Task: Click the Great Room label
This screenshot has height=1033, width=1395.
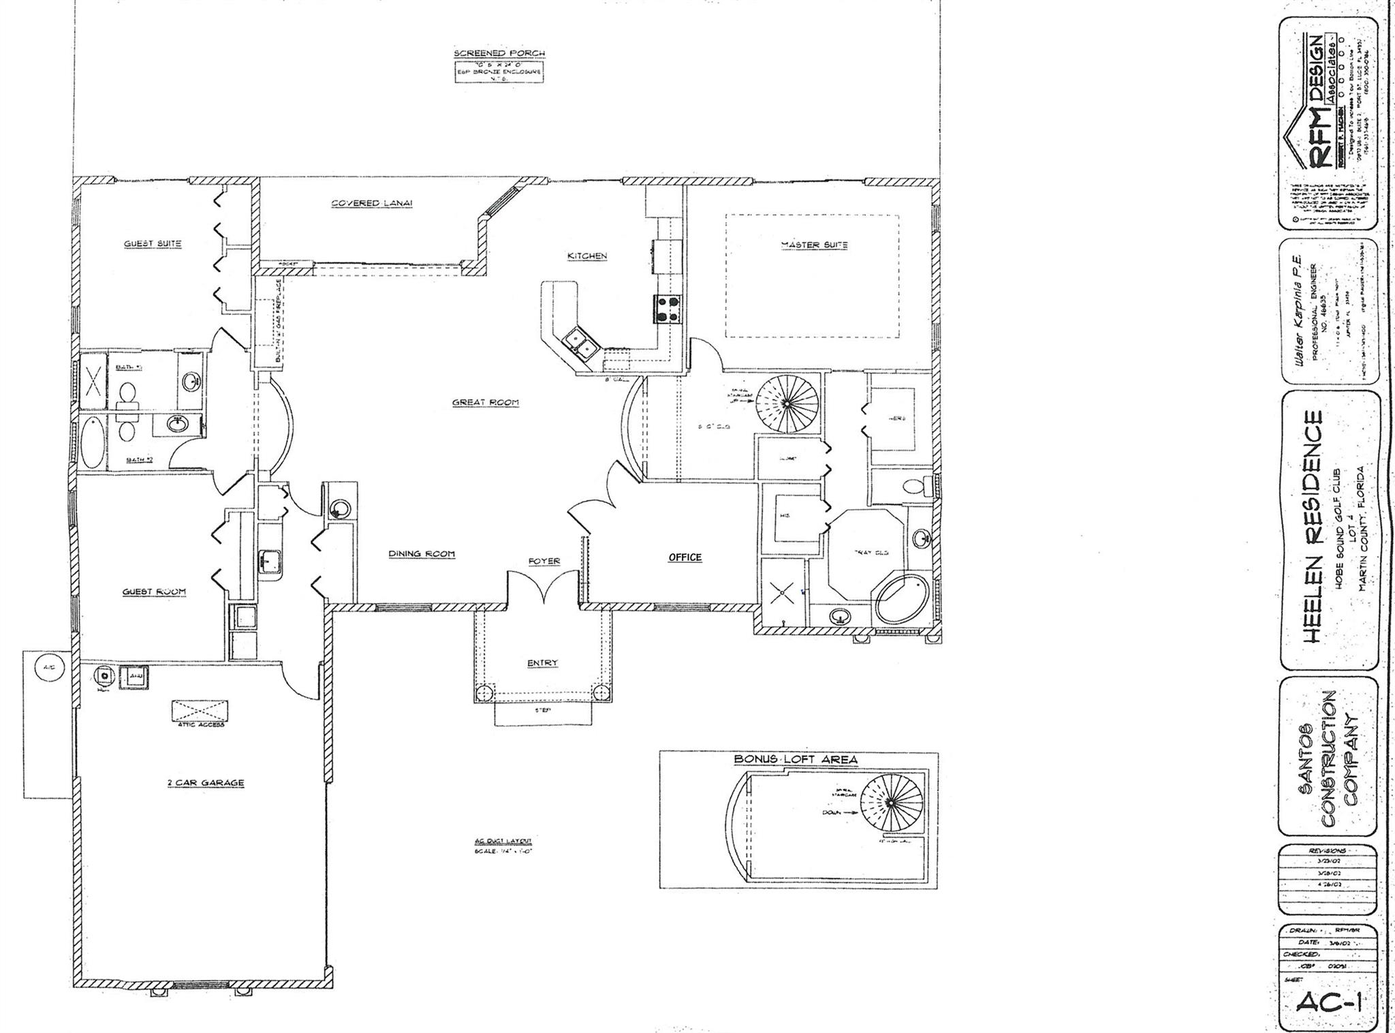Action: tap(485, 403)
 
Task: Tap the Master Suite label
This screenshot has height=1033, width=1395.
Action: tap(813, 245)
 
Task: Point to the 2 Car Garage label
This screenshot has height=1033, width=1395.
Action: tap(205, 783)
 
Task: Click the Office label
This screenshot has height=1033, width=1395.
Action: tap(685, 557)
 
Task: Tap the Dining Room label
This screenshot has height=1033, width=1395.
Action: tap(421, 554)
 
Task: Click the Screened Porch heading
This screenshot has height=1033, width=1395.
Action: tap(499, 53)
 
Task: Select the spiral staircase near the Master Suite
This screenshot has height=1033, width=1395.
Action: tap(787, 403)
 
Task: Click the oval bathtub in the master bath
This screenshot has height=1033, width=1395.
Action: tap(903, 599)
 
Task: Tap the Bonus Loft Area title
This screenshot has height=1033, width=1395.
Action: tap(795, 759)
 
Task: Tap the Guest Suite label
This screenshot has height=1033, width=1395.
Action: tap(153, 243)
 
